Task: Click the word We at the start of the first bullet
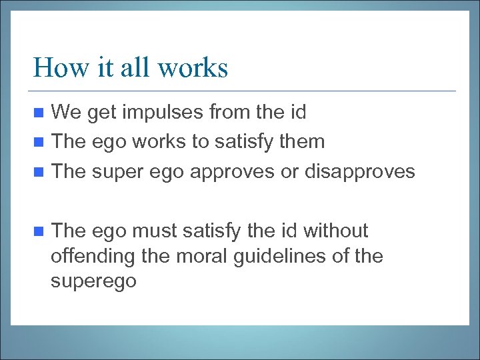[x=65, y=112]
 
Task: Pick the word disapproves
[x=359, y=172]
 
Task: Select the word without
[x=335, y=231]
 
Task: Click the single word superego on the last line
[x=93, y=281]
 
